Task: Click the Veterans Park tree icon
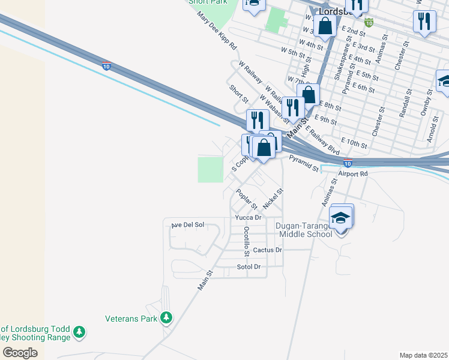point(166,317)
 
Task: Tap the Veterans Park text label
point(131,318)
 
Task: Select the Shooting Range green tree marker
point(79,331)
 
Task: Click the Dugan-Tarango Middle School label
point(304,230)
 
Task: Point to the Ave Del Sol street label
point(188,225)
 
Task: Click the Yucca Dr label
point(249,217)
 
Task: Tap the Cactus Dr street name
point(267,250)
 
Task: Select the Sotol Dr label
point(249,266)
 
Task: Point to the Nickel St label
point(273,197)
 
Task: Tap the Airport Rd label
point(352,173)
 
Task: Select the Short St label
point(238,94)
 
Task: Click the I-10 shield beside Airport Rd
point(348,163)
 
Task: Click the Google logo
point(20,353)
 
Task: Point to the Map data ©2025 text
point(423,355)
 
